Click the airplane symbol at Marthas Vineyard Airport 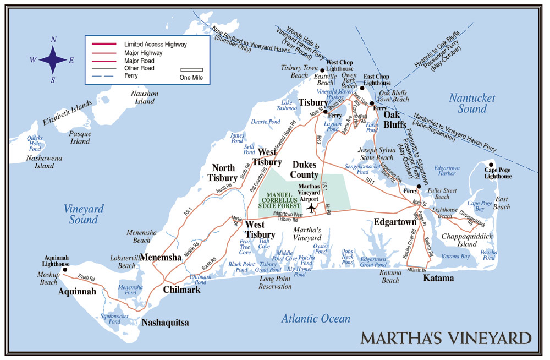(x=312, y=208)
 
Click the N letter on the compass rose (x=53, y=39)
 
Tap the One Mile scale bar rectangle (x=192, y=70)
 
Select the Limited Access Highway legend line (x=103, y=43)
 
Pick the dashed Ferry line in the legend (x=103, y=76)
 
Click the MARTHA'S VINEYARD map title (x=446, y=337)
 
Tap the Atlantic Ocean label (x=315, y=319)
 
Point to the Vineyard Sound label (x=84, y=214)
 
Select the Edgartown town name (x=395, y=222)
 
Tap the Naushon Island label (x=145, y=97)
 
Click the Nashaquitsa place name (x=165, y=323)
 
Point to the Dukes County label (x=305, y=170)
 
